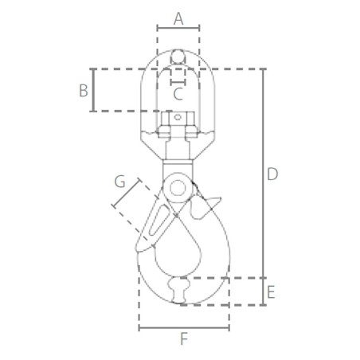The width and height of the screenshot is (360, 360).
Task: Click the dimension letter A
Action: click(178, 16)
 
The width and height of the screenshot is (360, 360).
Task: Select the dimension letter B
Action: click(83, 90)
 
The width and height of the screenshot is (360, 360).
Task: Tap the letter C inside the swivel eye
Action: click(178, 93)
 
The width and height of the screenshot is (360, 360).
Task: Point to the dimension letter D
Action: click(272, 174)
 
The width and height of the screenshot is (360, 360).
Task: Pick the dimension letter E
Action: click(271, 292)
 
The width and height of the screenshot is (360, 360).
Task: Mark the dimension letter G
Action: click(120, 182)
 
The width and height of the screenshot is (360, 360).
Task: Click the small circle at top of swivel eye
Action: click(178, 57)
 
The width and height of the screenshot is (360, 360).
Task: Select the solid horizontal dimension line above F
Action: click(184, 327)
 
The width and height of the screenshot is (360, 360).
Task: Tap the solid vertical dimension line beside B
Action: click(94, 90)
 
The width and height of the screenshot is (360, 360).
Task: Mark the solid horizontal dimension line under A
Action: click(178, 27)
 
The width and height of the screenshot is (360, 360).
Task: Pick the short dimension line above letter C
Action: click(178, 80)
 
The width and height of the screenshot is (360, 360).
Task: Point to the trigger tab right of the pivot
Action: click(209, 201)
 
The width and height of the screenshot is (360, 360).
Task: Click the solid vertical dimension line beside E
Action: click(263, 292)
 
